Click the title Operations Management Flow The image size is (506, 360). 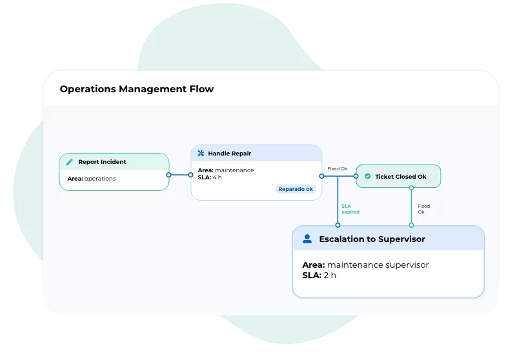(137, 89)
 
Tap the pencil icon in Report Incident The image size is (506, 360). (70, 162)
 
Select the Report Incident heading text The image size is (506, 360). (102, 162)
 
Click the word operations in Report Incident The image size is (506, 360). (100, 179)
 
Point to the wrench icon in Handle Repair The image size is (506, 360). (201, 154)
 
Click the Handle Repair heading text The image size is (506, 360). (230, 154)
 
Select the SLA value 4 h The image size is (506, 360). (217, 177)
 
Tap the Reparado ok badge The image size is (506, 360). (296, 189)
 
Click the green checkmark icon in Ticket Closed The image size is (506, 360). (367, 176)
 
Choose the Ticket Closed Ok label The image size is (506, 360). (400, 177)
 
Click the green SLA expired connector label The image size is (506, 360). (350, 209)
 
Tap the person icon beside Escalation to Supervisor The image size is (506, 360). (307, 239)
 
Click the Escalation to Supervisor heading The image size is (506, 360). (372, 239)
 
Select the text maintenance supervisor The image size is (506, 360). (378, 265)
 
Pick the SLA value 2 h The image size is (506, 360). (330, 275)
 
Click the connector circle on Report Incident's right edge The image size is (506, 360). (169, 175)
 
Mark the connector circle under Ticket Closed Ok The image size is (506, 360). (412, 188)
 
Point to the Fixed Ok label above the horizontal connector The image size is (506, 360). (337, 169)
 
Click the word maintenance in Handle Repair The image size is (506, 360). (234, 170)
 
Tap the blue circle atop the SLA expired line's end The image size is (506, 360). (338, 225)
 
